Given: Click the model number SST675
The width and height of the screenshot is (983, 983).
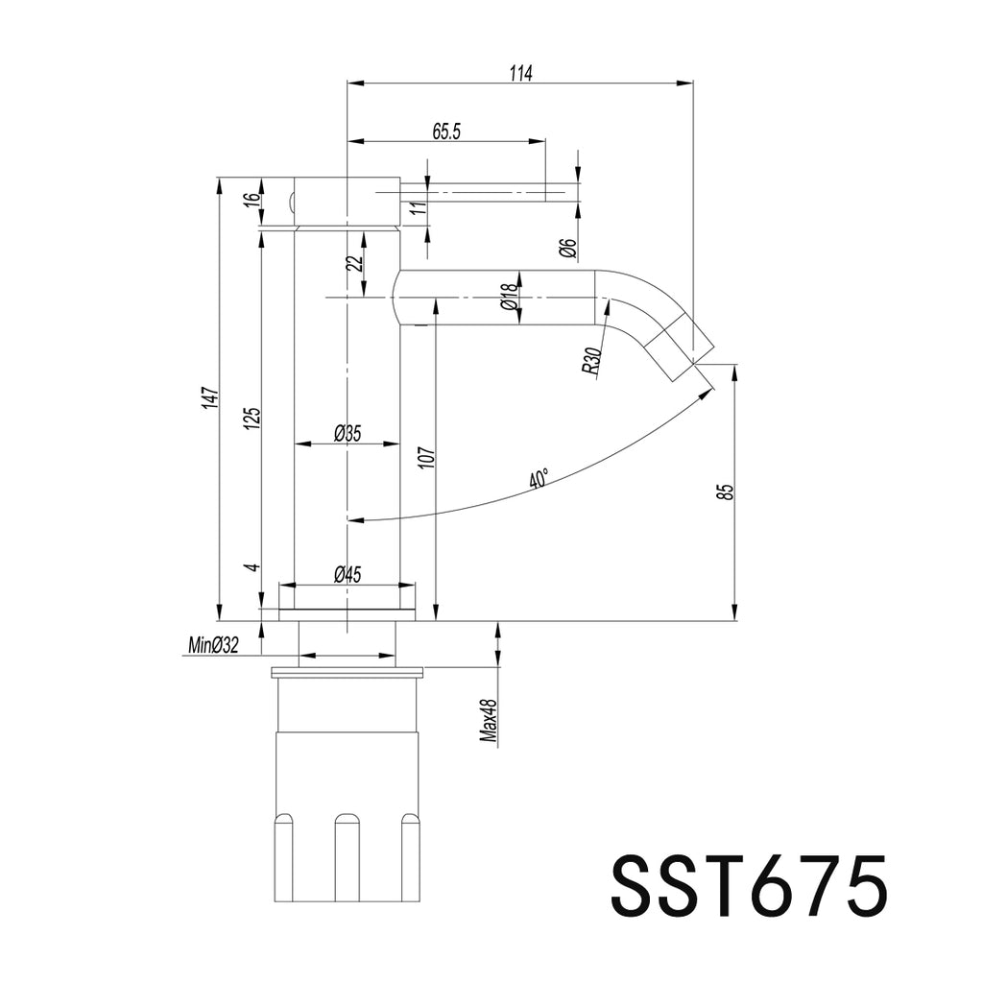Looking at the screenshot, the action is point(749,886).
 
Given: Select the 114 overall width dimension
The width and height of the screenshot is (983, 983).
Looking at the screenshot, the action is point(520,73).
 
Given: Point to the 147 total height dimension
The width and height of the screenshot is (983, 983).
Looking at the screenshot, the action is point(211,399).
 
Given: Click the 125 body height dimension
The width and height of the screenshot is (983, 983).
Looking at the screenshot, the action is point(252,419).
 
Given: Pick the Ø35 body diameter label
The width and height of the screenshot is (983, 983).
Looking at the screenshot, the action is point(348,433).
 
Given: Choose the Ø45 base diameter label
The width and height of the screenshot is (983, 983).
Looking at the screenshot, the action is point(348,574).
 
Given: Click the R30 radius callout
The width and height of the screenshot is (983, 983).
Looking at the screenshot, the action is point(591,362).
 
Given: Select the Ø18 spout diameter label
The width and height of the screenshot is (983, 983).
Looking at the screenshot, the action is point(509,297).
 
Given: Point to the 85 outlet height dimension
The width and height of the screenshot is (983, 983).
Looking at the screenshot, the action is point(727,491).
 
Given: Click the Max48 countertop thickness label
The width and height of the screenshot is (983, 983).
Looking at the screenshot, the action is point(489,722).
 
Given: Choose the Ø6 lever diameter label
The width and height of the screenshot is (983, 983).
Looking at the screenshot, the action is point(568,249).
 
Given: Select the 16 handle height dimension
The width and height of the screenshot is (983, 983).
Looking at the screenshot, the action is point(252,199).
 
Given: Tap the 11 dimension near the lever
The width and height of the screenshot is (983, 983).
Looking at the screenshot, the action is point(420,207).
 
